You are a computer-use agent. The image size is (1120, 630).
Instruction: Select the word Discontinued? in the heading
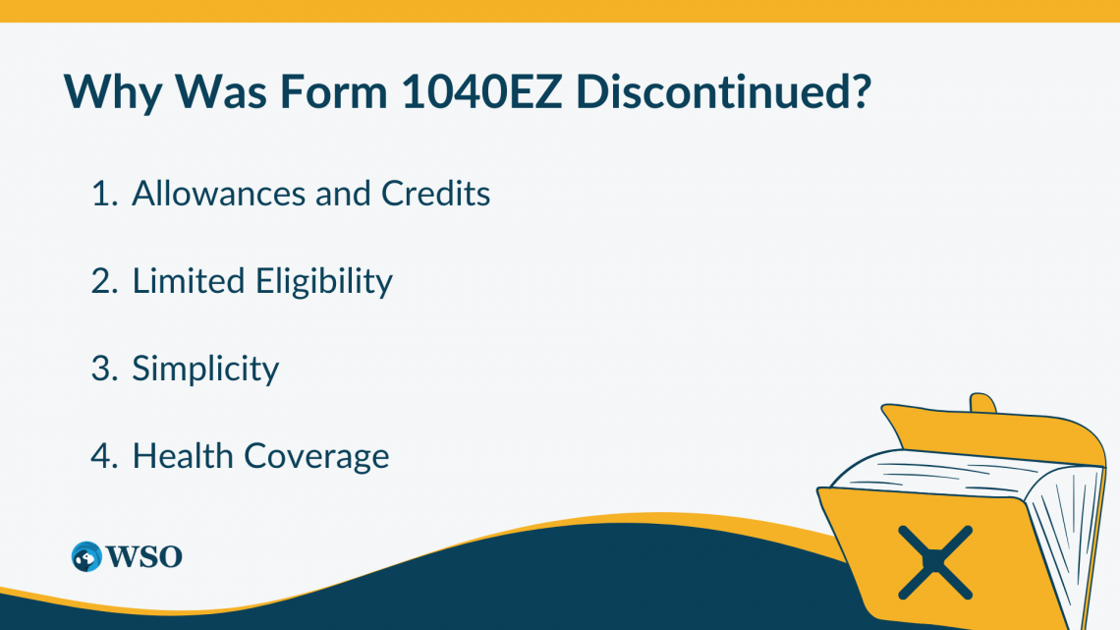pos(723,92)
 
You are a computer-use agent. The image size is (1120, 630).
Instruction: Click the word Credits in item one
pos(436,194)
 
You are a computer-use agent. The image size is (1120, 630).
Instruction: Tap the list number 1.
pos(102,194)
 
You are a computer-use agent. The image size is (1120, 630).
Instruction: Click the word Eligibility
pos(324,281)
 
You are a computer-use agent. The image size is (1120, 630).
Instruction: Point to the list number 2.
pos(103,281)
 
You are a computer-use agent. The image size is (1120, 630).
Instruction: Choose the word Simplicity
pos(206,369)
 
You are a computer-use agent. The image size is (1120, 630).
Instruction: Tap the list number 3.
pos(103,369)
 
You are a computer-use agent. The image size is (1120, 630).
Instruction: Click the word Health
pos(183,456)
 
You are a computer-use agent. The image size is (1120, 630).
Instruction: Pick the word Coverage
pos(316,456)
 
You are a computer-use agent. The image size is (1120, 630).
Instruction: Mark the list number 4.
pos(103,456)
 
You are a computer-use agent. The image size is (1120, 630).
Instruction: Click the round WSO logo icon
pos(86,556)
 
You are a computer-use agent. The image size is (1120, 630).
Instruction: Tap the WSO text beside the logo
pos(145,556)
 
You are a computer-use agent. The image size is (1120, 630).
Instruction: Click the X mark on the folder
pos(934,562)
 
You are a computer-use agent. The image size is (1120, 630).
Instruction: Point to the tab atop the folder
pos(982,404)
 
